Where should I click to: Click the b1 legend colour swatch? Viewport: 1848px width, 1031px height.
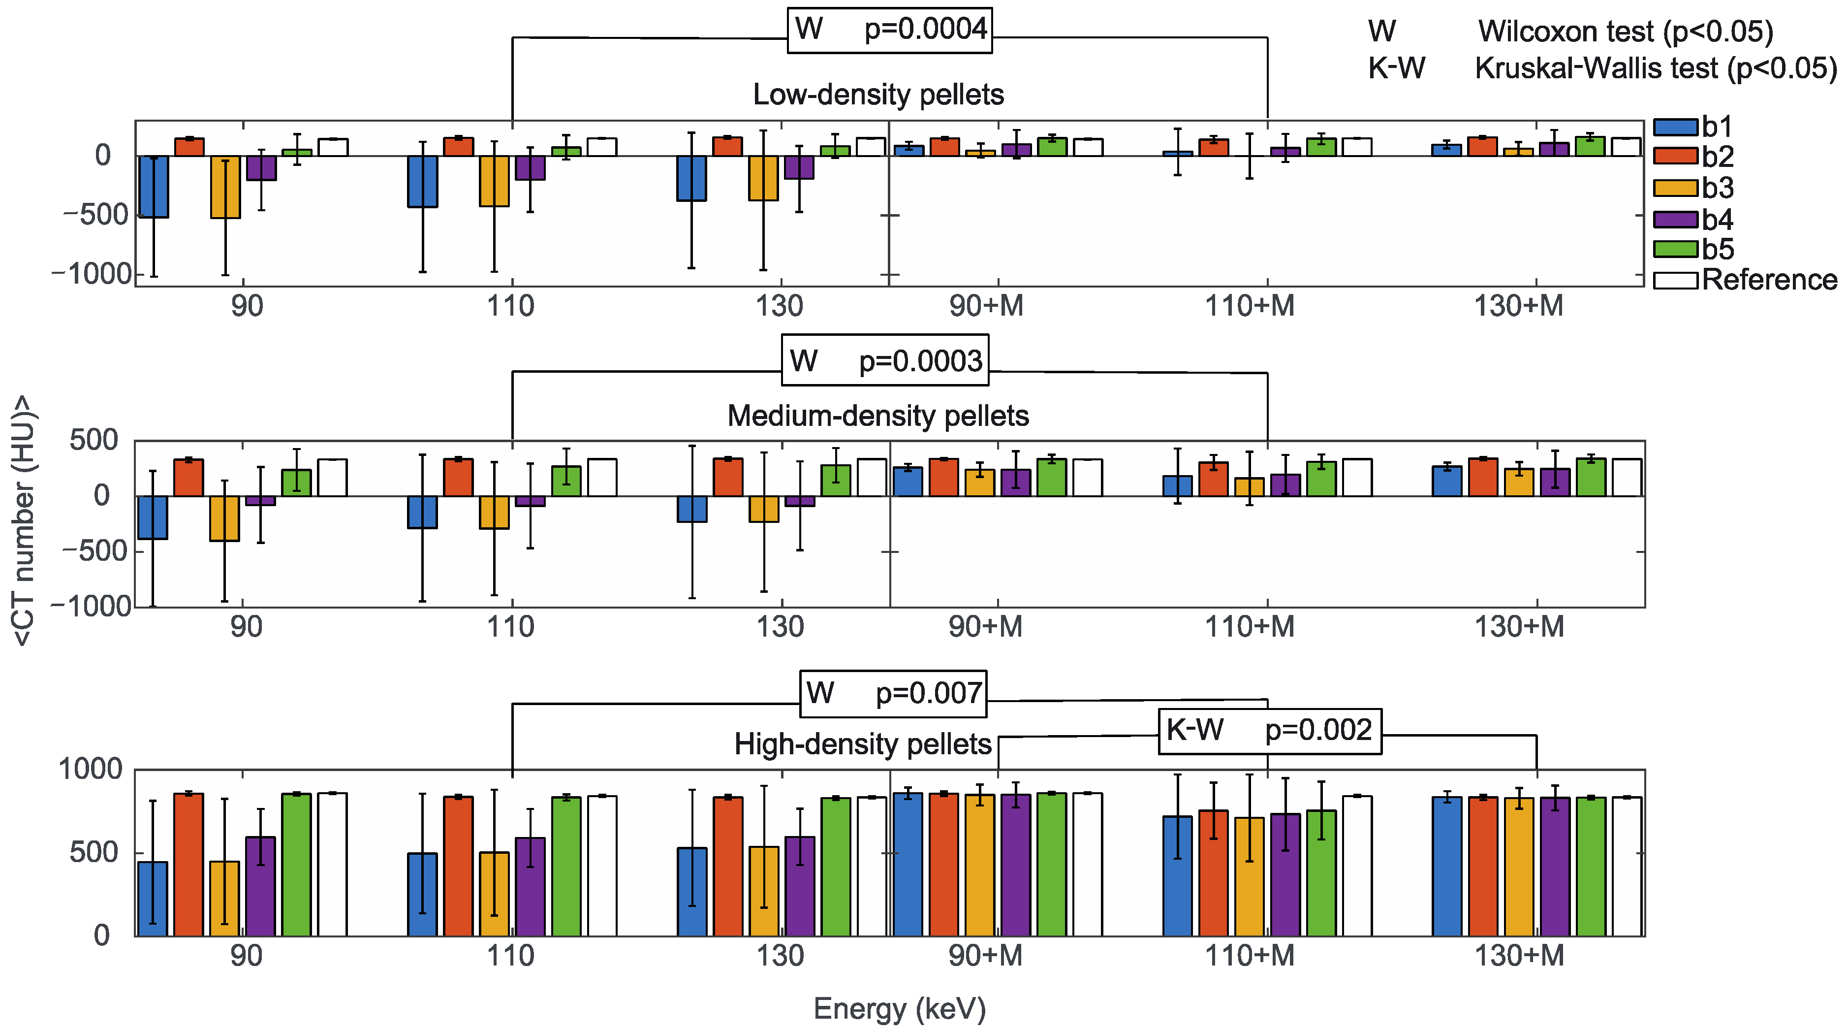coord(1676,127)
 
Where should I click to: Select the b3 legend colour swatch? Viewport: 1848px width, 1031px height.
coord(1676,188)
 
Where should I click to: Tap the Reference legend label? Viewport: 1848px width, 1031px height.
coord(1769,280)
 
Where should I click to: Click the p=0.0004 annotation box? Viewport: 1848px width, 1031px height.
coord(890,30)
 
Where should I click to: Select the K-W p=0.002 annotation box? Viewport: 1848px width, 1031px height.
coord(1269,730)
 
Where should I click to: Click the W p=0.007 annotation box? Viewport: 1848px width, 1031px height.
coord(893,694)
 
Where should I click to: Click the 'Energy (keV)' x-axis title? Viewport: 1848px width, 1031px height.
coord(900,1009)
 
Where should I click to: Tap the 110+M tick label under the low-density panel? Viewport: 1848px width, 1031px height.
coord(1250,306)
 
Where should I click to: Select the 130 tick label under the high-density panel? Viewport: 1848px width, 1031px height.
coord(781,956)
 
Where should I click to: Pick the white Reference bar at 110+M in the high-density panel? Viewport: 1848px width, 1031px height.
coord(1357,866)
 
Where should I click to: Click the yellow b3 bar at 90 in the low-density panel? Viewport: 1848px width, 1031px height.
coord(224,187)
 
